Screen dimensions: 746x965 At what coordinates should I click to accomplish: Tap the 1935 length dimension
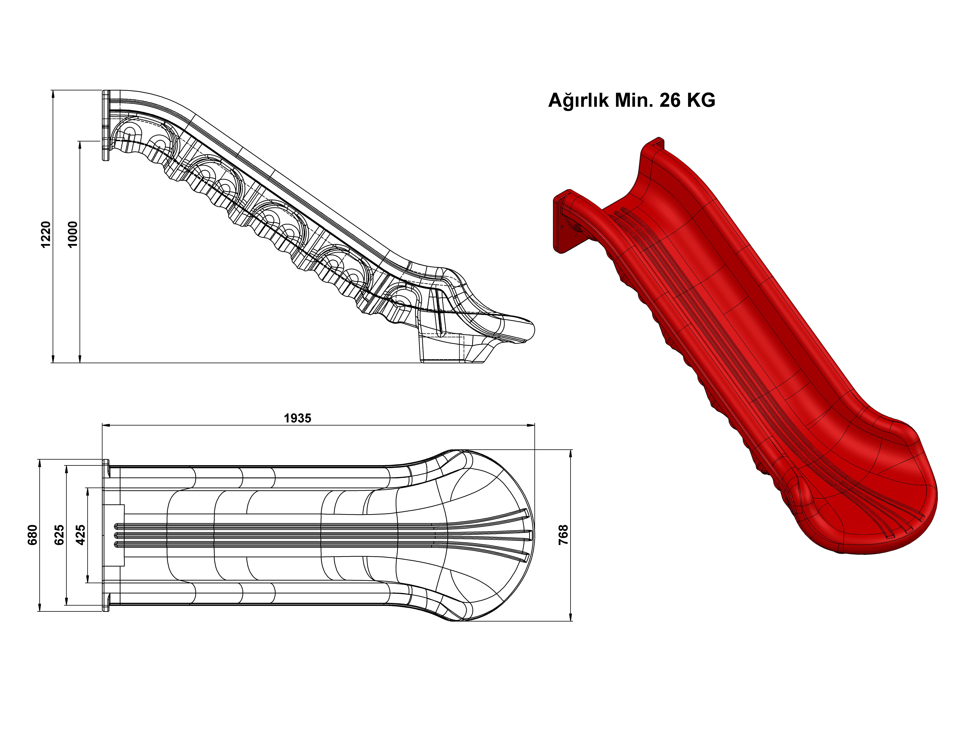pos(297,418)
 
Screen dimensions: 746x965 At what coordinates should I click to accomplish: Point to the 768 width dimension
pos(563,535)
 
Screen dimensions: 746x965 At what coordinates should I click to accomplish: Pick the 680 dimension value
pos(33,535)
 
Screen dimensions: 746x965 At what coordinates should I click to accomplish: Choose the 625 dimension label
pos(59,535)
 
